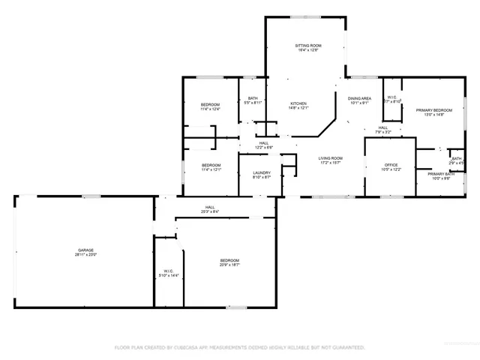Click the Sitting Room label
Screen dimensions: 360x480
click(x=306, y=46)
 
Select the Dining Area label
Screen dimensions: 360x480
click(x=359, y=98)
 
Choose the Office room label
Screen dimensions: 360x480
click(x=391, y=165)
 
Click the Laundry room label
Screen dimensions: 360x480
click(x=261, y=172)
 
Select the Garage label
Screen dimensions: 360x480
click(x=85, y=250)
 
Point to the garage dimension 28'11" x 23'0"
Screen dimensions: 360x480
click(x=85, y=255)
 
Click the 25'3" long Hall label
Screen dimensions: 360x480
click(x=210, y=208)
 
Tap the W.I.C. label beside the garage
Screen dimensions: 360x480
click(x=169, y=271)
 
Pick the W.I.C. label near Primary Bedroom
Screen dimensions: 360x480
click(x=392, y=97)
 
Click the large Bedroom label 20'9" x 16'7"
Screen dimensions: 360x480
click(x=229, y=260)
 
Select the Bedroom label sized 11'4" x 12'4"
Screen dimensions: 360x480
click(x=210, y=104)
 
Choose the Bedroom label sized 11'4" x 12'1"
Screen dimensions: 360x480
click(x=210, y=165)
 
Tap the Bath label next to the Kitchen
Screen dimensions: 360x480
click(x=253, y=98)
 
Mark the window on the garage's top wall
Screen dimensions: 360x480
click(x=91, y=196)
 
